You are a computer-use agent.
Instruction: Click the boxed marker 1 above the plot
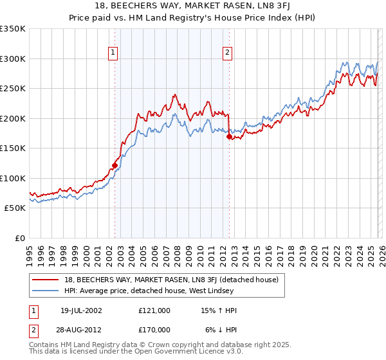click(x=113, y=53)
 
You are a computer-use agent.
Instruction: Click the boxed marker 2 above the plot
click(x=228, y=53)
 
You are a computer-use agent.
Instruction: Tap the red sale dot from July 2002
click(x=115, y=165)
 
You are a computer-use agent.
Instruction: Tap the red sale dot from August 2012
click(x=229, y=136)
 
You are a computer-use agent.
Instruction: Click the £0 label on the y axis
click(x=19, y=238)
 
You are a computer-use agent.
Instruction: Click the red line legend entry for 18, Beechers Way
click(x=171, y=280)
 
